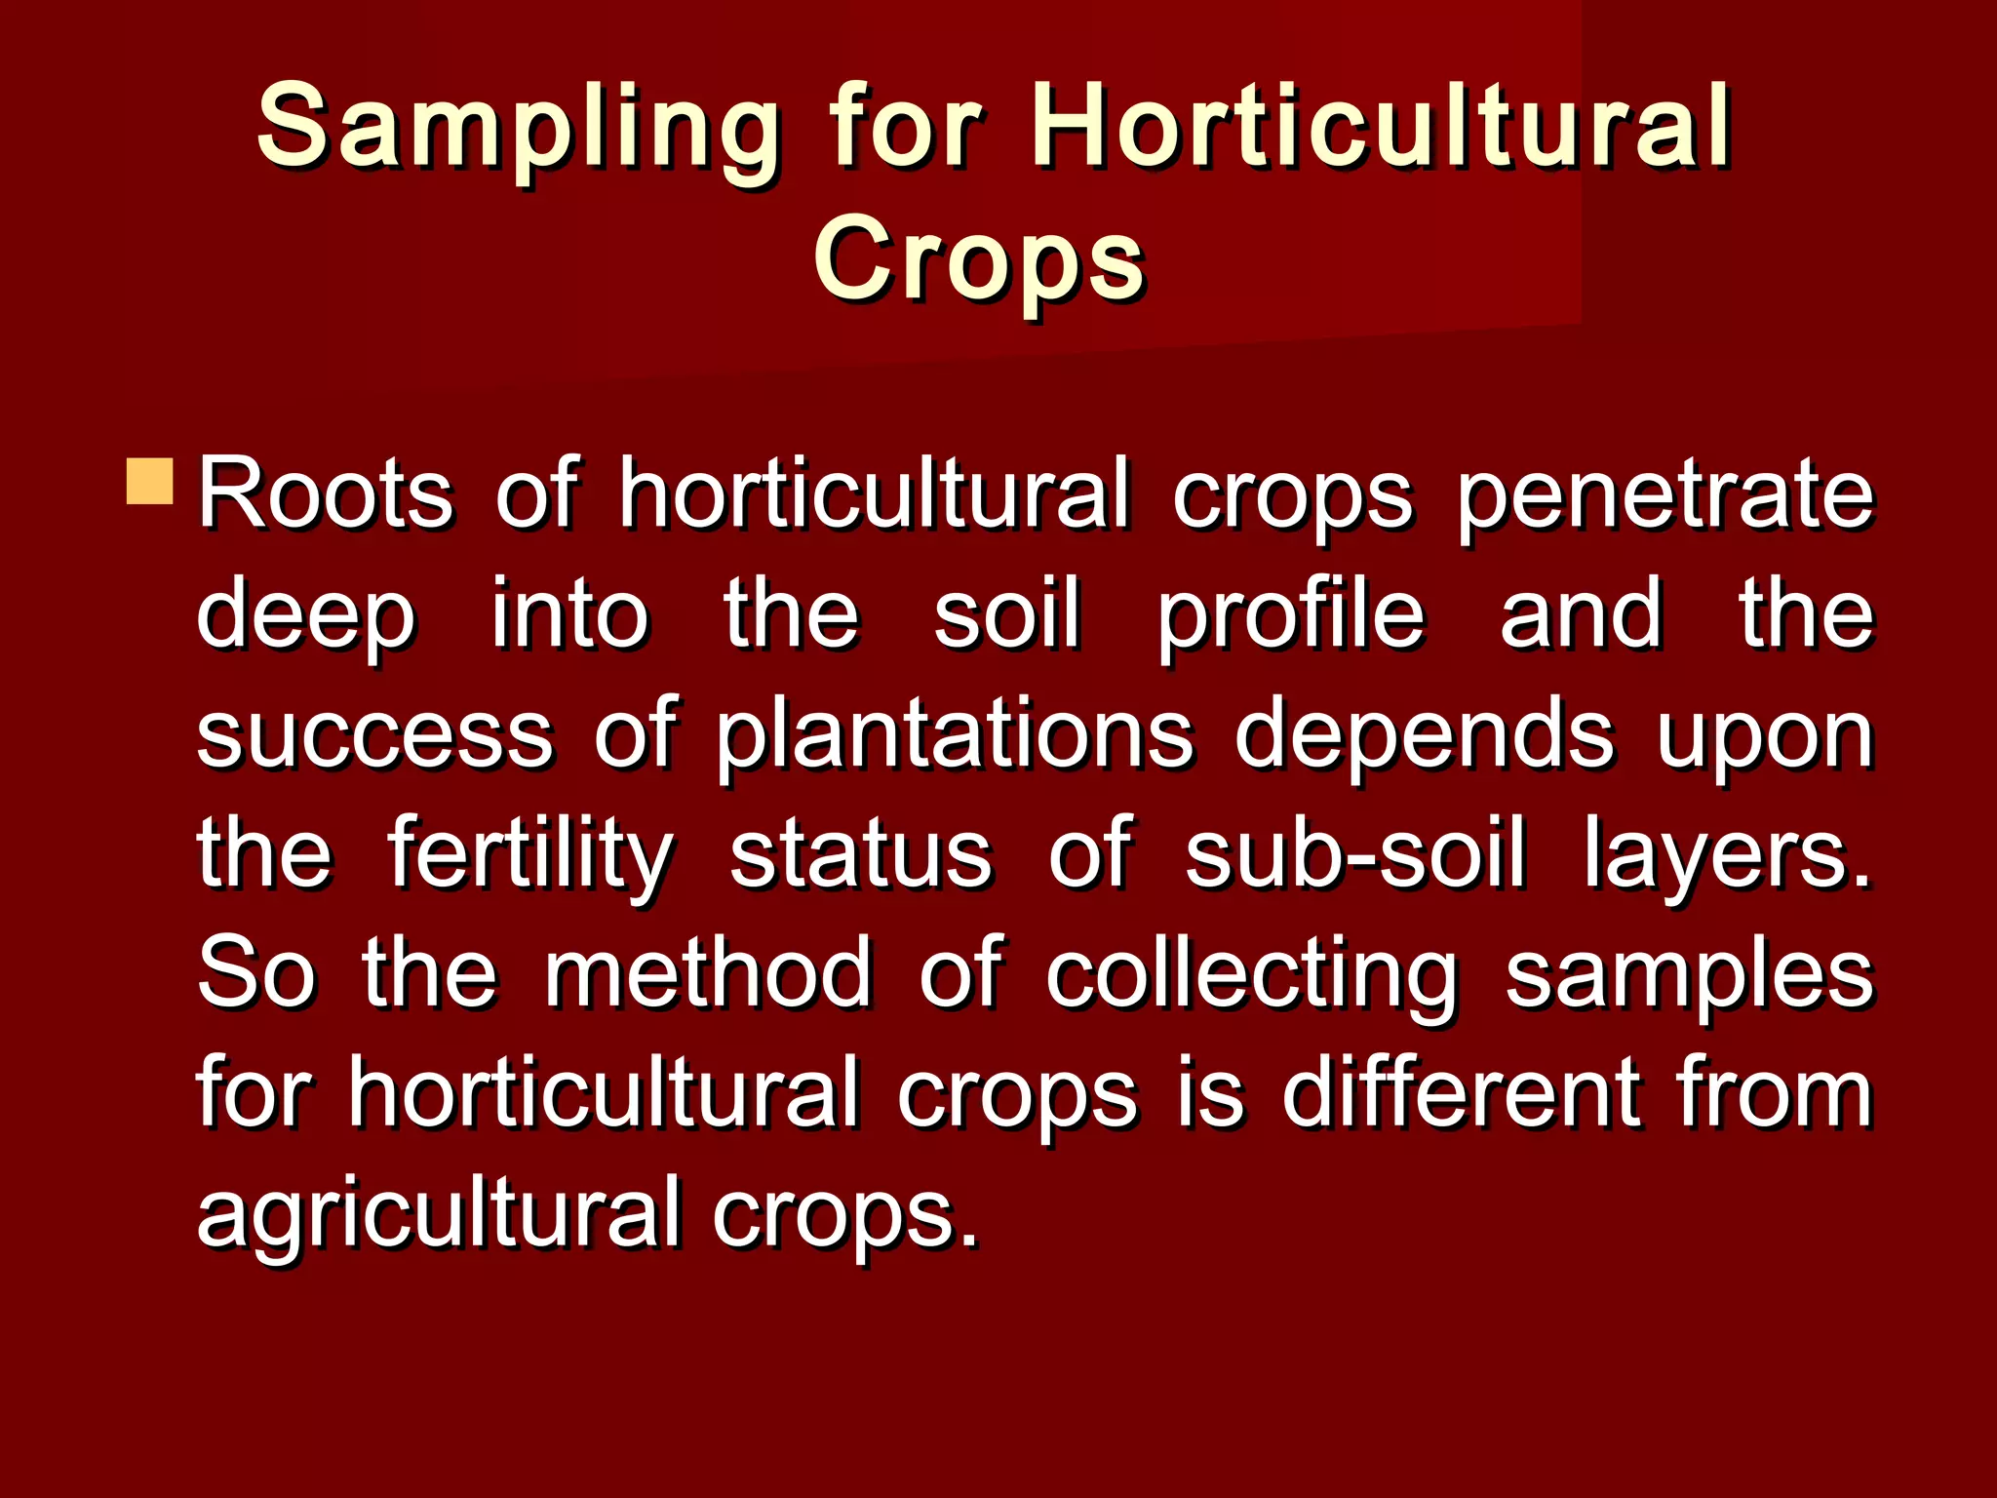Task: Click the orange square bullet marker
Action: (149, 481)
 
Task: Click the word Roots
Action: (326, 493)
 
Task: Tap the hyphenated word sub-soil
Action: (1354, 854)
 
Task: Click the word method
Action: (709, 973)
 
